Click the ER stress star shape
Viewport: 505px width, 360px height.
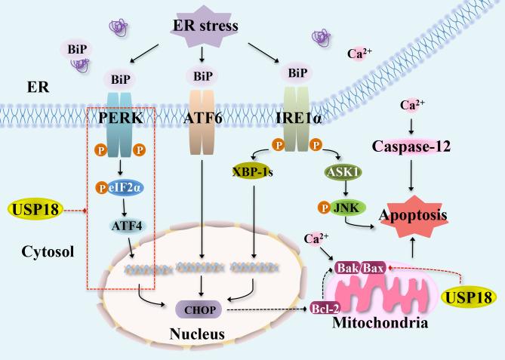coord(202,28)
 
